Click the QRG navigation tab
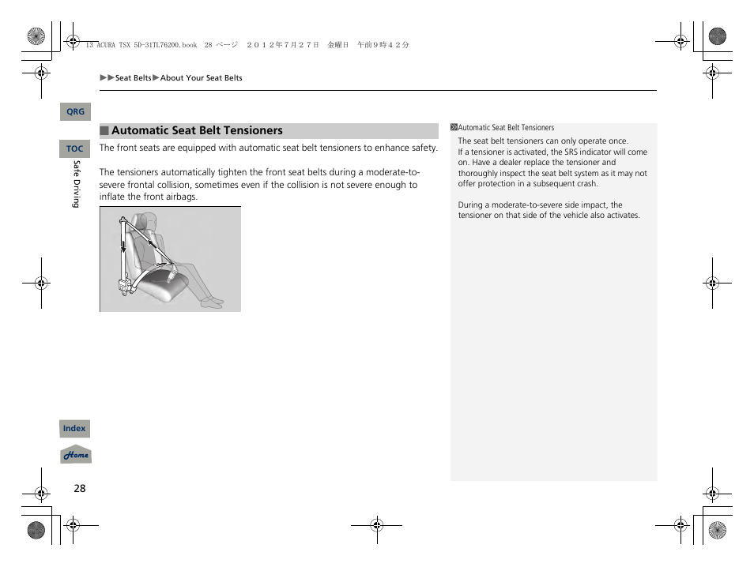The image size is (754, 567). (75, 112)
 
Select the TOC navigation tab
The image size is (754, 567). (75, 148)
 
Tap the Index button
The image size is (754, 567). (75, 429)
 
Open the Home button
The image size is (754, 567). (76, 455)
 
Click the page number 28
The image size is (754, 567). (80, 488)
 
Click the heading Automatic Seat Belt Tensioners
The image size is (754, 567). (197, 131)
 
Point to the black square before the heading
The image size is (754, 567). (104, 131)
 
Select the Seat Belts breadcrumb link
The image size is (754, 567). (133, 78)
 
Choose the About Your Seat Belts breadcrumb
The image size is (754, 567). (202, 78)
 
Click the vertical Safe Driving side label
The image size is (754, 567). (77, 184)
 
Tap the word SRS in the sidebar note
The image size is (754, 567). (572, 152)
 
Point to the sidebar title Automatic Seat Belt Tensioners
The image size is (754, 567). (506, 128)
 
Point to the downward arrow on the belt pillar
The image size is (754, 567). (123, 246)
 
